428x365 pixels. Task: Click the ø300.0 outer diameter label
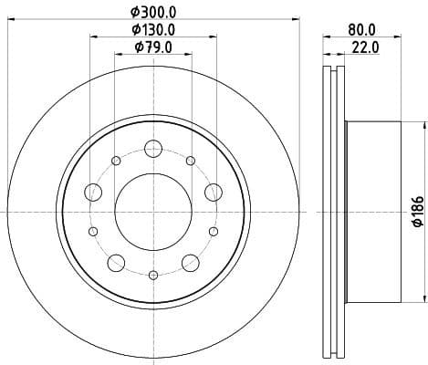pyautogui.click(x=153, y=11)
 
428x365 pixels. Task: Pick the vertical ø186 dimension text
pyautogui.click(x=417, y=211)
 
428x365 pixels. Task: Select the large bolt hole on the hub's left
pyautogui.click(x=93, y=192)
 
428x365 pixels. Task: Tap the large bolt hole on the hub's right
pyautogui.click(x=214, y=192)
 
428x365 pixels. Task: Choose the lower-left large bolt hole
pyautogui.click(x=116, y=263)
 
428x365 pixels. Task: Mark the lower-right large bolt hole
pyautogui.click(x=191, y=263)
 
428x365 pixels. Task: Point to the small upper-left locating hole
pyautogui.click(x=116, y=162)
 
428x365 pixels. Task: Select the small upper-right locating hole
pyautogui.click(x=191, y=162)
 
